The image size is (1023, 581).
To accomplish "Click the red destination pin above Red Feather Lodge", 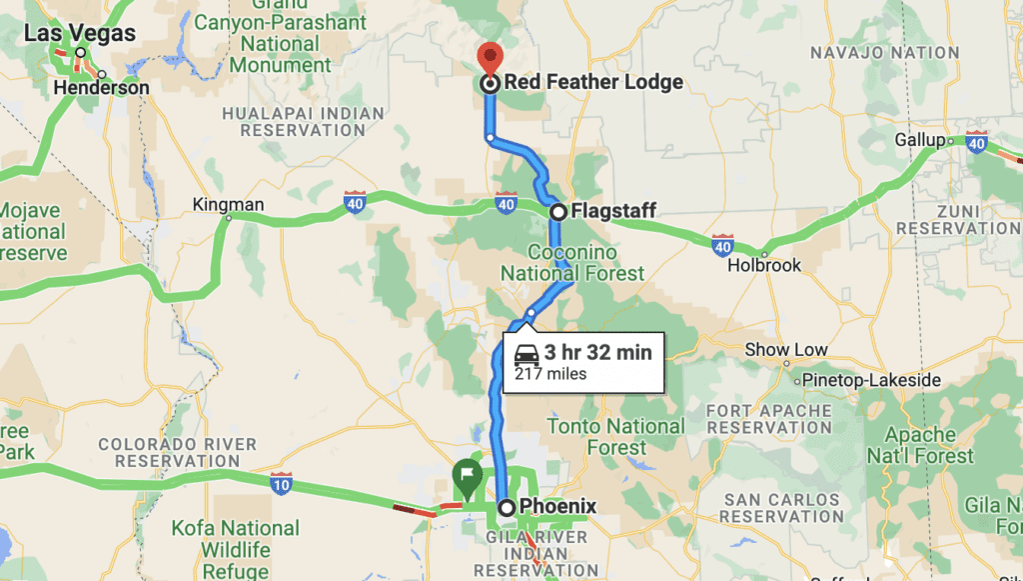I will point(491,56).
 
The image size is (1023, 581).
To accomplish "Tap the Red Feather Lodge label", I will point(593,83).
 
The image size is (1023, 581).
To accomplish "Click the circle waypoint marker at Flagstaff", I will point(558,212).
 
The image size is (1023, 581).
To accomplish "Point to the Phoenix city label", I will point(559,507).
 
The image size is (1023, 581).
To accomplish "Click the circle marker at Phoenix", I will point(507,507).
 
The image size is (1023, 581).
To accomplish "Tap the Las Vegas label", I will point(79,33).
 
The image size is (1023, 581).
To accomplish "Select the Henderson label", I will point(102,88).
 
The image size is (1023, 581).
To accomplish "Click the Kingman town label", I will point(230,205).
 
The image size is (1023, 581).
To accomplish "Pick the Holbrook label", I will point(764,266).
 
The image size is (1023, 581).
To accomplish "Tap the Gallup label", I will point(918,140).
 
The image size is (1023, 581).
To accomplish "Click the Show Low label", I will point(786,350).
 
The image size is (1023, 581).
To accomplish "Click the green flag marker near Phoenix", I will point(466,472).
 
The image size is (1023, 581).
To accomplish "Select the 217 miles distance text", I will point(550,375).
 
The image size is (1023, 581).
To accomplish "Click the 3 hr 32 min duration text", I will point(597,352).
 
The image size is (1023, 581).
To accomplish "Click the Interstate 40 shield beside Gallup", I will point(977,142).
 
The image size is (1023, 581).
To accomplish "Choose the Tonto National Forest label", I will point(616,437).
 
